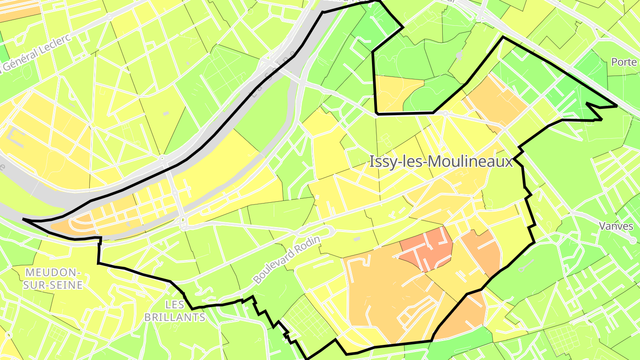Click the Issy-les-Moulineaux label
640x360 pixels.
click(441, 162)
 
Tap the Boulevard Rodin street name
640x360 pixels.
click(287, 260)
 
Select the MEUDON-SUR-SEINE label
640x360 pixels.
click(53, 279)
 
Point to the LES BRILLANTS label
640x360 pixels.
click(175, 311)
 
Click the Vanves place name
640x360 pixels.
click(616, 226)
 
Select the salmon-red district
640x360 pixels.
click(427, 250)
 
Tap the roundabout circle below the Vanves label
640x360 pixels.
click(633, 240)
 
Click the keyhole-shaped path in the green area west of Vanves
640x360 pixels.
click(527, 266)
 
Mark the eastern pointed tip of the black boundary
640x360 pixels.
click(617, 106)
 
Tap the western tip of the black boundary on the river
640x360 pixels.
click(23, 219)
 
